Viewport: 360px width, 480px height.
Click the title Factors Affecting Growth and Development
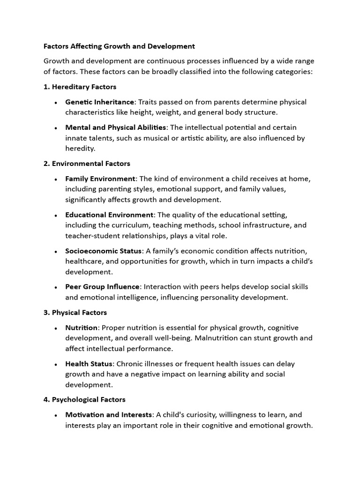click(x=119, y=46)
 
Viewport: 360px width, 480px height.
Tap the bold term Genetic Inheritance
click(x=100, y=102)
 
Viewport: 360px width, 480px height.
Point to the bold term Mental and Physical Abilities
click(x=115, y=127)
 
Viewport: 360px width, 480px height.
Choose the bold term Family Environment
click(x=100, y=179)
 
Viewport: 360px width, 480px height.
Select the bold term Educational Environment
click(x=109, y=215)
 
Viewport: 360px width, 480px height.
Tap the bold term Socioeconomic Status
click(x=103, y=251)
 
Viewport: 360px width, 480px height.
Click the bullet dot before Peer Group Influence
click(x=56, y=287)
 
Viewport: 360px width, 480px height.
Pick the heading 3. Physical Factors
click(x=75, y=312)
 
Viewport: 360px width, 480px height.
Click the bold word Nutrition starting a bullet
click(x=81, y=328)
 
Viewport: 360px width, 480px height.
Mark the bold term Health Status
click(x=89, y=364)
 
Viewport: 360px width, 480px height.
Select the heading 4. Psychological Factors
click(x=84, y=400)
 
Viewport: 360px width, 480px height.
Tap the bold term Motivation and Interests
click(x=109, y=415)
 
